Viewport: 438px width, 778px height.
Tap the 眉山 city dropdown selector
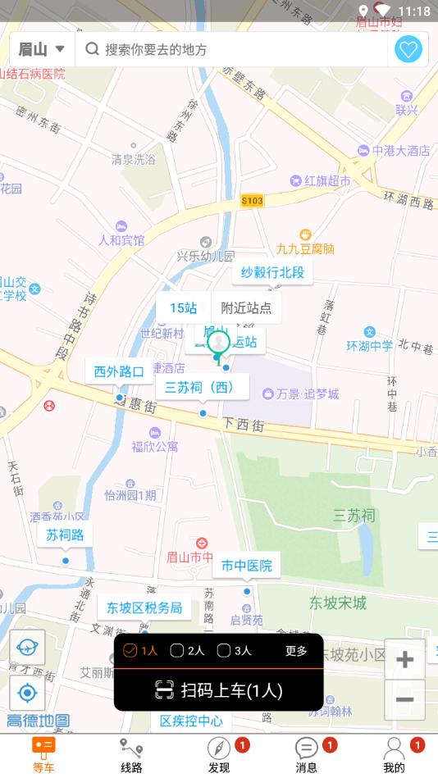coord(41,49)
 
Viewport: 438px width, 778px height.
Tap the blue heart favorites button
coord(408,49)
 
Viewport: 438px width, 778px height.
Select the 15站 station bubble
coord(184,308)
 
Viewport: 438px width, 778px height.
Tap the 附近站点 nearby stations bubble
coord(246,308)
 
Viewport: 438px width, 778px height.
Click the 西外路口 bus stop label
coord(119,371)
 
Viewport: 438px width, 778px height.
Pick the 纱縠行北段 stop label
coord(272,272)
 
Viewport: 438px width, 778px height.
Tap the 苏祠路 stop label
coord(65,535)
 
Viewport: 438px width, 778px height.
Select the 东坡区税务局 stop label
coord(144,607)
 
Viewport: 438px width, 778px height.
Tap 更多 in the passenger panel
coord(296,651)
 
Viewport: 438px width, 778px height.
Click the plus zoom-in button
coord(404,660)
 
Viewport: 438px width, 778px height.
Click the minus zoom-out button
coord(404,699)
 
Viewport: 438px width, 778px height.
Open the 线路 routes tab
coord(131,755)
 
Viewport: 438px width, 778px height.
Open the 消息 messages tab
coord(307,755)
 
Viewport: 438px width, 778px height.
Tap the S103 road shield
coord(253,200)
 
